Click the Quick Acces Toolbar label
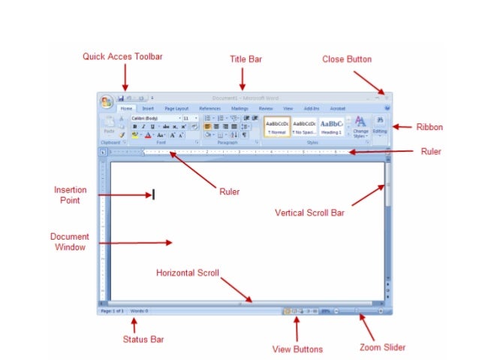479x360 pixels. [122, 56]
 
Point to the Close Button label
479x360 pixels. [347, 59]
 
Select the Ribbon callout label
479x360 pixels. [429, 127]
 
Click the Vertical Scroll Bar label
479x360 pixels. [309, 213]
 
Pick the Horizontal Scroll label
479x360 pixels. [188, 273]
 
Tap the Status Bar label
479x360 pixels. [143, 340]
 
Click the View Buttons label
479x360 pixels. [297, 349]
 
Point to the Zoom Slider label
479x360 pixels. [383, 347]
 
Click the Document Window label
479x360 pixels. [69, 241]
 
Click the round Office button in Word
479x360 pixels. [106, 101]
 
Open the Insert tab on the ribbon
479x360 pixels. [148, 108]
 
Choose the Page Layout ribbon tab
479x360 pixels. [176, 108]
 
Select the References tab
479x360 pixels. [209, 108]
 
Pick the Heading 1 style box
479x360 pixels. [332, 126]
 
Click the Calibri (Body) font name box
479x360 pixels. [155, 118]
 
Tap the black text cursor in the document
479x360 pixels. [153, 194]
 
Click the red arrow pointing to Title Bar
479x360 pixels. [242, 79]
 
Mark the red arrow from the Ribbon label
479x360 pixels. [402, 127]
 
